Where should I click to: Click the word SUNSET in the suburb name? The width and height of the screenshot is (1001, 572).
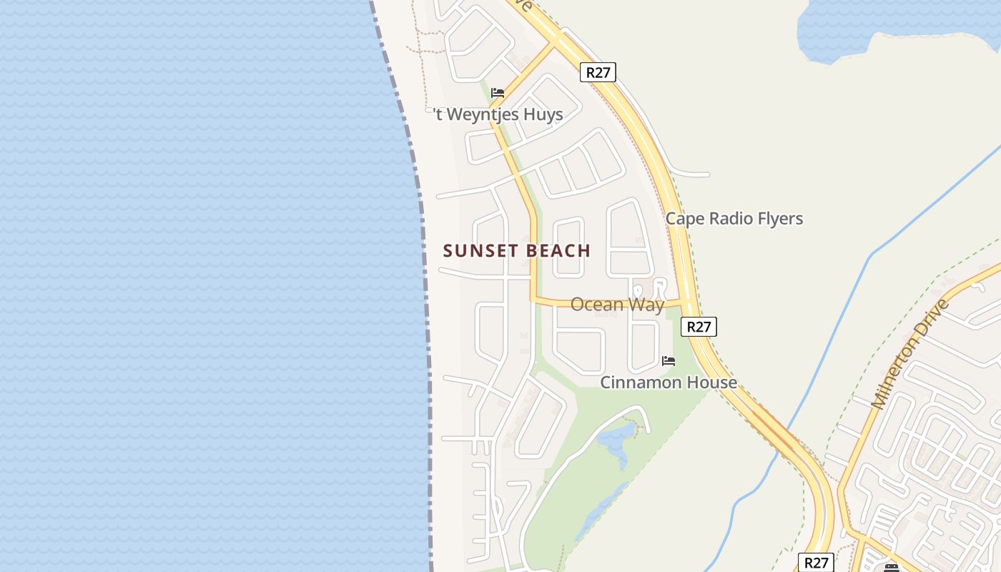478,251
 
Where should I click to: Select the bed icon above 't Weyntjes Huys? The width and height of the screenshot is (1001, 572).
498,93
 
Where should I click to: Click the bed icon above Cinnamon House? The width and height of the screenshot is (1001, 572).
669,361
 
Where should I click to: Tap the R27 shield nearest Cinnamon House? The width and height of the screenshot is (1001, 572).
698,327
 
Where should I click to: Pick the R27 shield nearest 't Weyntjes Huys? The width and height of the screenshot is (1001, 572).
597,71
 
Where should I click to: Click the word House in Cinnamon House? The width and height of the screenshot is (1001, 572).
711,383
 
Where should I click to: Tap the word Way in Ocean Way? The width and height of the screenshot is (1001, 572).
647,305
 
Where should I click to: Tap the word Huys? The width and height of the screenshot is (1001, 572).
543,114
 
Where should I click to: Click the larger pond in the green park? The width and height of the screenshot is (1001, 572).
614,440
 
